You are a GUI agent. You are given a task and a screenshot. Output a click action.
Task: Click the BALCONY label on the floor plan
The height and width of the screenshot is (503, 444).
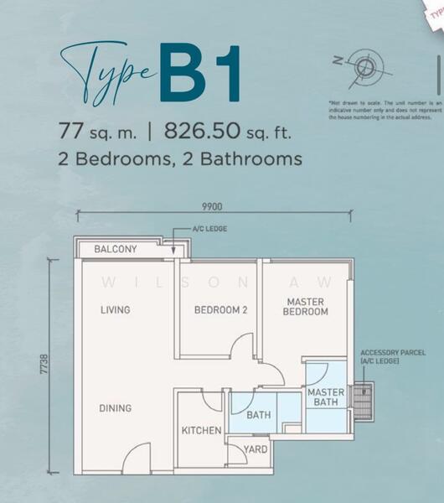coord(116,249)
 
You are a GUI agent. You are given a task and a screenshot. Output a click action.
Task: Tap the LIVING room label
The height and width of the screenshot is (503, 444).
coord(116,309)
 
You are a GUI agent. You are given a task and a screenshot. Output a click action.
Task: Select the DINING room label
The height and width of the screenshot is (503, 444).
coord(116,408)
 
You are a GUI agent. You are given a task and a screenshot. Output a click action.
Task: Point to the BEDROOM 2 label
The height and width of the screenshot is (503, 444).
coord(221,309)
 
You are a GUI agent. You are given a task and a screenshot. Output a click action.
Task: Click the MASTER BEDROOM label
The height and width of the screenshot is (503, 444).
coord(307,306)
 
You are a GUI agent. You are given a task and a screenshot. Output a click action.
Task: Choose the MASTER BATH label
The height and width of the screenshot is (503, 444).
coord(326,397)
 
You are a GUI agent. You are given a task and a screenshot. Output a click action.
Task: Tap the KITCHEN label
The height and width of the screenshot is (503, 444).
coord(202,430)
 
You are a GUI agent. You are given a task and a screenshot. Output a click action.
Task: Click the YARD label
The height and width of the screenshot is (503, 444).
coord(256,449)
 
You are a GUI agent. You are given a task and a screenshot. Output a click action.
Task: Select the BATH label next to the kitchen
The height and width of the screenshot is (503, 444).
coord(258,414)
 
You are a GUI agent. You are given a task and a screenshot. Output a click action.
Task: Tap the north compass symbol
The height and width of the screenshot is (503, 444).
coord(364,65)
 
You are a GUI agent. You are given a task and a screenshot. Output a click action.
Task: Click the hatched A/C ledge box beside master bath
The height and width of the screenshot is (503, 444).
coord(362,402)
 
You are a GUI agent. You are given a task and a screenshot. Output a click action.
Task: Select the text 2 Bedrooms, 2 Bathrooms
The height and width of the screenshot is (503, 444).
coord(180,158)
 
